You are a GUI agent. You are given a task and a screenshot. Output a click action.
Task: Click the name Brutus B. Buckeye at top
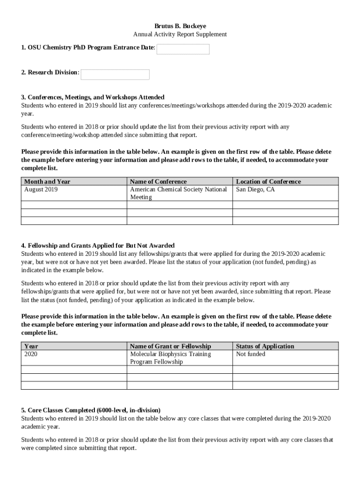180,26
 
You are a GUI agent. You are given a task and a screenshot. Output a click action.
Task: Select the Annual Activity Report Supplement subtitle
180,34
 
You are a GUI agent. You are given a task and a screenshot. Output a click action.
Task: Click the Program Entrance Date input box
183,49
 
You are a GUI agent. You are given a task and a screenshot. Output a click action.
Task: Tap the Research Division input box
115,74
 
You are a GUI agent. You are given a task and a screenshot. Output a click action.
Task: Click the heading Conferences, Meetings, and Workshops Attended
93,97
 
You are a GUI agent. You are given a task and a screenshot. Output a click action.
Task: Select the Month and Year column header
47,181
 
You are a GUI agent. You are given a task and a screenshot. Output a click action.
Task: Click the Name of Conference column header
158,181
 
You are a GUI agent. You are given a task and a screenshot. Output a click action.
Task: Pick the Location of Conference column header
268,181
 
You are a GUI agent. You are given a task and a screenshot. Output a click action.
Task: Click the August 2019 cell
41,189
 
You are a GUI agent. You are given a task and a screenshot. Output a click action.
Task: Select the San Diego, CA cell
255,189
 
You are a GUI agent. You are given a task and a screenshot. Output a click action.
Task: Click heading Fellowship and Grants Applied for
98,246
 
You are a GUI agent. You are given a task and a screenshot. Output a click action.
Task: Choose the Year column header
31,346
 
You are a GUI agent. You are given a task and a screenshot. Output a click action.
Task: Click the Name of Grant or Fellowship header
170,346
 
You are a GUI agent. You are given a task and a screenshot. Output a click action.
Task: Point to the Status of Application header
265,346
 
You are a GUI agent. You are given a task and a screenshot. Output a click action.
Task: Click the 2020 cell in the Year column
31,354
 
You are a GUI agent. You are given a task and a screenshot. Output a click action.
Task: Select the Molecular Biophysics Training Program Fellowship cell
170,358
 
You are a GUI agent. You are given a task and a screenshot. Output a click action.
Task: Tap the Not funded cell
251,354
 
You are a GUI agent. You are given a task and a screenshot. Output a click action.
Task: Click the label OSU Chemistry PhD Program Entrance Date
88,48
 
